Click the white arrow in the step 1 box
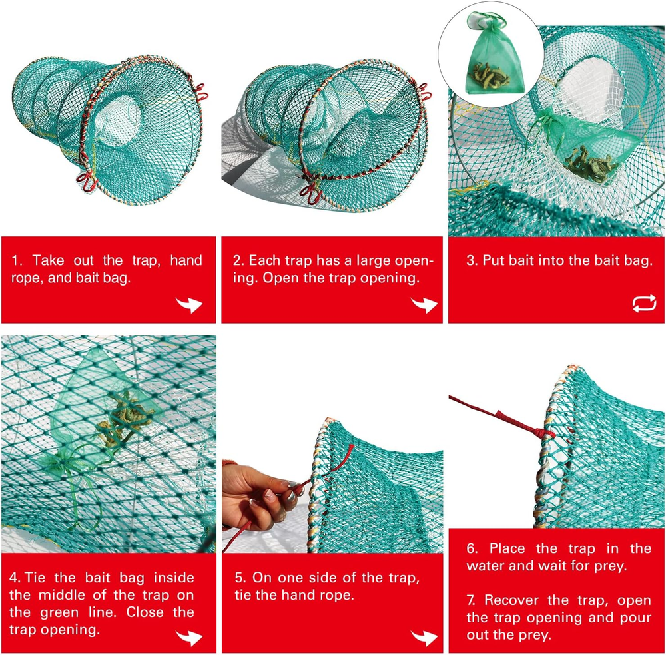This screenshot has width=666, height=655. tap(189, 304)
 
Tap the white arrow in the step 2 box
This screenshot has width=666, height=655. tap(424, 304)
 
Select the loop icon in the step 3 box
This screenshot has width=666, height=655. tap(644, 304)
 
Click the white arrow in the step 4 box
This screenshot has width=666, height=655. tap(189, 638)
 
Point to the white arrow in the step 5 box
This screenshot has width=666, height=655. tap(424, 638)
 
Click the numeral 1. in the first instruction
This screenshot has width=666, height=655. tap(17, 260)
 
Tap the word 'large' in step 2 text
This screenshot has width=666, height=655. tap(374, 260)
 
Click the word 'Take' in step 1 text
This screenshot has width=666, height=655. tap(48, 260)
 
